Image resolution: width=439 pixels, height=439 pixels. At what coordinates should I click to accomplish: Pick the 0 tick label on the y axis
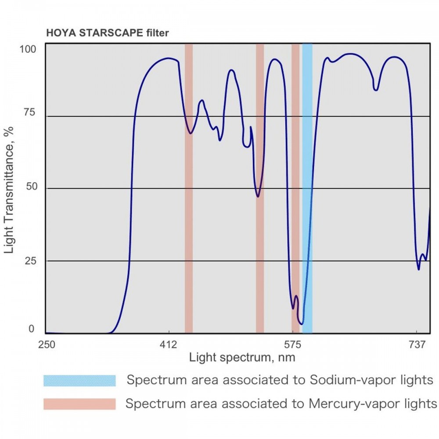[x=31, y=329]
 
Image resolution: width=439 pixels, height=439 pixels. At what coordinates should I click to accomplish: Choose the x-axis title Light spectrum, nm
[x=242, y=357]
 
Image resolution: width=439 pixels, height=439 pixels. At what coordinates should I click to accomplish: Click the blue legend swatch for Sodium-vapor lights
[x=79, y=380]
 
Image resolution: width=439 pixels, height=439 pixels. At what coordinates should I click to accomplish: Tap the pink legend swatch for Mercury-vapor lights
[x=79, y=404]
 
